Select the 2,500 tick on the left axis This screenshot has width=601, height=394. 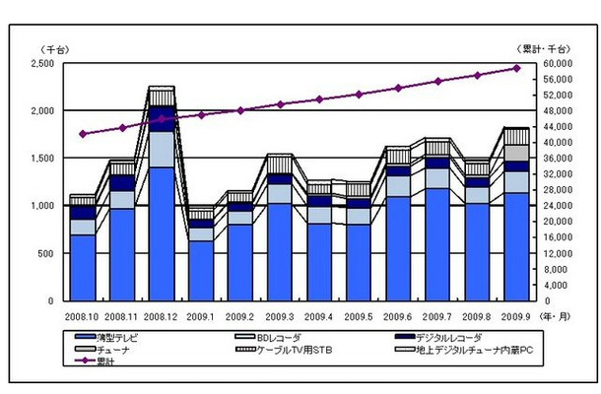[43, 63]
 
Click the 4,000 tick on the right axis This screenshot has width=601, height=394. [557, 285]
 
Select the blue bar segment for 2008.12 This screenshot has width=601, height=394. [162, 233]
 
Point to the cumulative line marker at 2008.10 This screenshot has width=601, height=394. [83, 134]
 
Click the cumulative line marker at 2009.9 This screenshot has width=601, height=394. [517, 68]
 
